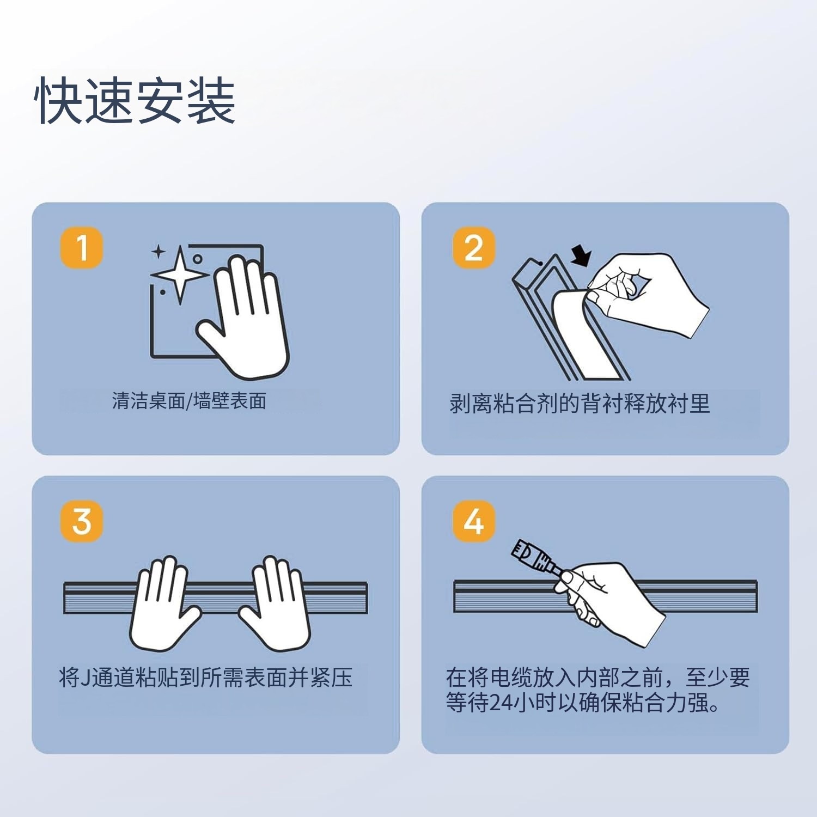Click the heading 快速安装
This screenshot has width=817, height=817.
click(x=135, y=101)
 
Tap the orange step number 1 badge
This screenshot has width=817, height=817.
click(x=82, y=248)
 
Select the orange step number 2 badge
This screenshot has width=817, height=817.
click(x=474, y=248)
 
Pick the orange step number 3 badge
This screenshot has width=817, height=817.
click(x=82, y=521)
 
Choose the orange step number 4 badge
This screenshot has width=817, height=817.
click(x=474, y=521)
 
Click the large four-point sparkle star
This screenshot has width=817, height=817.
click(x=180, y=274)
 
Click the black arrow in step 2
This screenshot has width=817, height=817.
click(x=581, y=255)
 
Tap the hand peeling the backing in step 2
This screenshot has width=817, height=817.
click(x=648, y=294)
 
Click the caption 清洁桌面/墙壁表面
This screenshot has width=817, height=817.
click(x=189, y=401)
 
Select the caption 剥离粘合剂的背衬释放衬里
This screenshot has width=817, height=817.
click(x=580, y=404)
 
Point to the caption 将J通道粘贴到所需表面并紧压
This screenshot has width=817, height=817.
click(x=206, y=678)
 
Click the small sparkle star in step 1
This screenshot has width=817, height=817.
click(x=158, y=252)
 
